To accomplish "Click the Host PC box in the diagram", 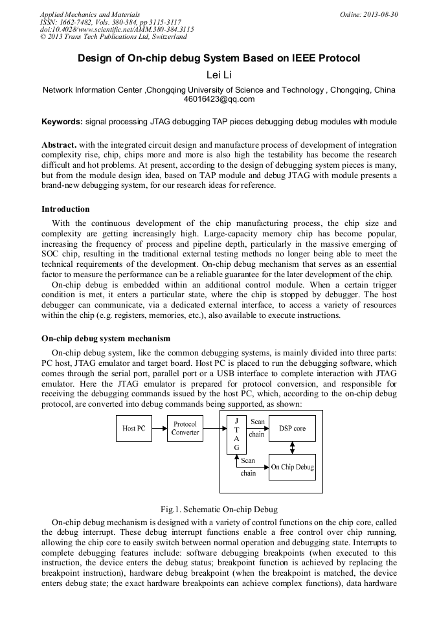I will tap(134, 429).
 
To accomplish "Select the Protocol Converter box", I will tap(185, 429).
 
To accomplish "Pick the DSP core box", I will tap(292, 429).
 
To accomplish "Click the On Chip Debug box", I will tap(292, 467).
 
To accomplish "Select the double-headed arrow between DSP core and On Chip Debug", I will tap(292, 447).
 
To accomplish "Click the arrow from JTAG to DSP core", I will tap(257, 428).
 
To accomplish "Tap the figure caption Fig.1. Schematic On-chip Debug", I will tap(219, 509).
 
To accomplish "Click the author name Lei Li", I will tap(219, 75).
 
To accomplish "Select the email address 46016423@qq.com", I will tap(219, 99).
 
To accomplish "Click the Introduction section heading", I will tap(65, 209).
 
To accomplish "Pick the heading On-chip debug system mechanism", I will tap(106, 338).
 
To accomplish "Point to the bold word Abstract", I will tap(60, 144).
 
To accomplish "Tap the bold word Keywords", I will tap(62, 121).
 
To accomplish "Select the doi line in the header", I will tap(117, 29).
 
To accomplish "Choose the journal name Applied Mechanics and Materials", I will tap(90, 14).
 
